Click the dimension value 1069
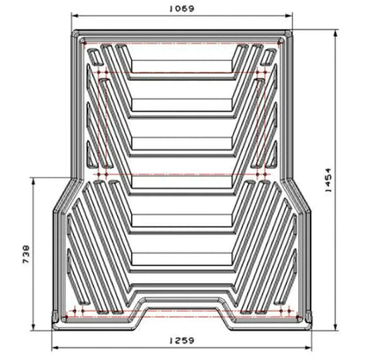(x=182, y=9)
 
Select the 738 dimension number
(x=26, y=254)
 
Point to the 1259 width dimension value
(x=182, y=341)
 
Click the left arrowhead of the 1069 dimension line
(x=75, y=16)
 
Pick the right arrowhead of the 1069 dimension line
(x=289, y=16)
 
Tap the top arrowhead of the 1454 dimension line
(x=335, y=33)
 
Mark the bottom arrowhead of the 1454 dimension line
(x=335, y=327)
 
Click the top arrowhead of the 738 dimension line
(x=33, y=181)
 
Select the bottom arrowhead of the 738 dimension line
(x=33, y=327)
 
